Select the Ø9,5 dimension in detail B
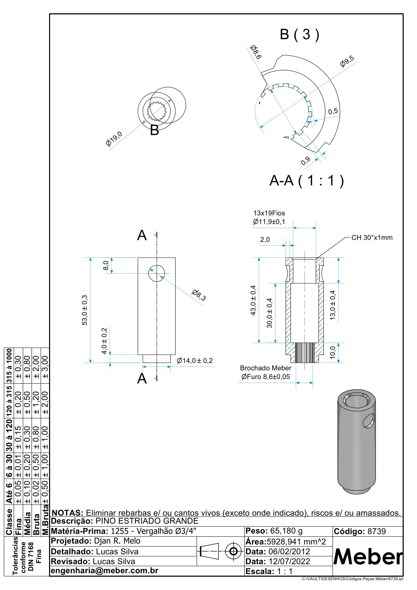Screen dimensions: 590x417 (x=347, y=62)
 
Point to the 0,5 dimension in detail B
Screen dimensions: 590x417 (x=333, y=111)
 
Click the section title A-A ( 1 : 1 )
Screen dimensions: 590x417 (x=307, y=181)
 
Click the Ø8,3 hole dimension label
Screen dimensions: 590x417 (x=199, y=295)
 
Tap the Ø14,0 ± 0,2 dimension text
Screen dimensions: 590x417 (x=195, y=361)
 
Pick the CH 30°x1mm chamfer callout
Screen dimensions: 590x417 (x=372, y=238)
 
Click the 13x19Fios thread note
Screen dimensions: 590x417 (x=269, y=213)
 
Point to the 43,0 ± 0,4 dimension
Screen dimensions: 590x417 (x=253, y=300)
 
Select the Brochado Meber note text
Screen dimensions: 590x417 (x=265, y=368)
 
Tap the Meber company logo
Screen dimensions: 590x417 (x=368, y=556)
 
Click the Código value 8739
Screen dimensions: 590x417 (x=376, y=531)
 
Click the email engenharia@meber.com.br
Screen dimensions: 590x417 (x=105, y=570)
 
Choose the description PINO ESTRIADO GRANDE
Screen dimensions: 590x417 (x=147, y=521)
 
